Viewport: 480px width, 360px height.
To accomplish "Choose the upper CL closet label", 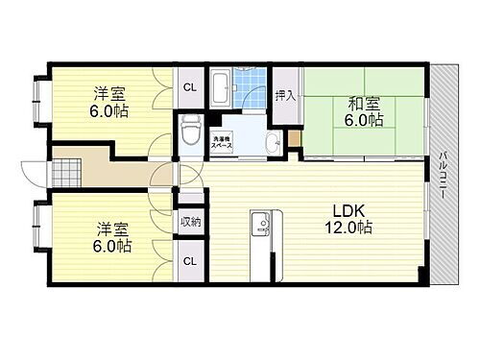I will pos(189,87).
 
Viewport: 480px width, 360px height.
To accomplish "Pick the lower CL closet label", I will pos(189,260).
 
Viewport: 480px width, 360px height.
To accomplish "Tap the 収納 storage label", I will pos(189,222).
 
